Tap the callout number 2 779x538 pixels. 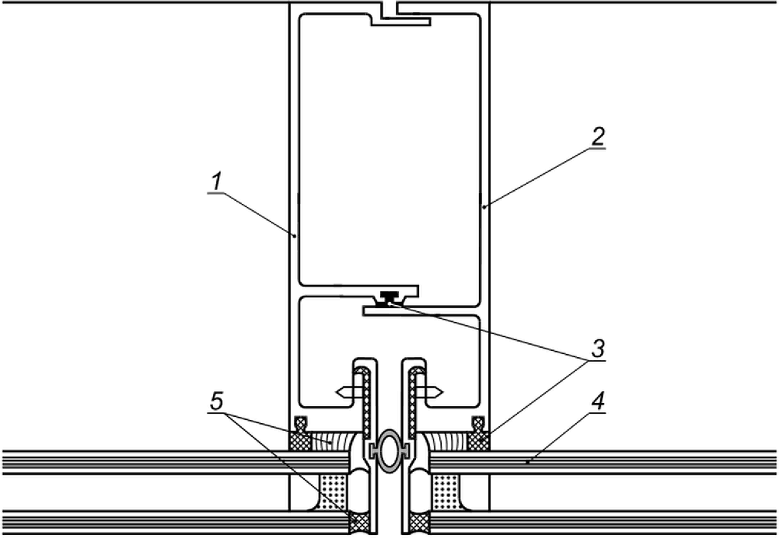(x=599, y=136)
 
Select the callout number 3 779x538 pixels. (x=597, y=348)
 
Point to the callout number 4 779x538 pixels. (x=598, y=401)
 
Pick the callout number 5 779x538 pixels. (x=217, y=401)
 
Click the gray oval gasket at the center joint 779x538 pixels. (x=389, y=450)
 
